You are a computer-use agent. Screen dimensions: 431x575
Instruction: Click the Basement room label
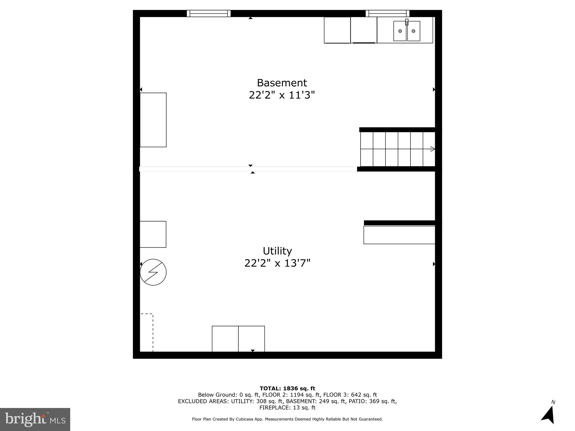point(282,83)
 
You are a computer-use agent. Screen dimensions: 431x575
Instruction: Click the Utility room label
point(277,251)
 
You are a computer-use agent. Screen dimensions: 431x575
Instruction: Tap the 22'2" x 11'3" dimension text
point(282,95)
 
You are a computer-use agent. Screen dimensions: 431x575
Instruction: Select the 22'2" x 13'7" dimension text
point(277,263)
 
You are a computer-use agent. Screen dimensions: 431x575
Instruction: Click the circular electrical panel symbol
point(153,272)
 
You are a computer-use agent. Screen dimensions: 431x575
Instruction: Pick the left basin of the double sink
point(400,31)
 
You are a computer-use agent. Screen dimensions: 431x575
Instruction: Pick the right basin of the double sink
point(414,31)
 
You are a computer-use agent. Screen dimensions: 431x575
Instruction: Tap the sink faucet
point(407,22)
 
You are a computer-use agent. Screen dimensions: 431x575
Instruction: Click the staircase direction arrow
point(433,149)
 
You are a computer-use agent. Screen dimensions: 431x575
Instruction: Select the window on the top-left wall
point(209,13)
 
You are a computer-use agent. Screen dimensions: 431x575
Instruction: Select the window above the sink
point(387,13)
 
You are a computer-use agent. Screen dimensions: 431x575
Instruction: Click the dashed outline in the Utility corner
point(147,333)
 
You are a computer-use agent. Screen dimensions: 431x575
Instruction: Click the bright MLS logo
point(35,419)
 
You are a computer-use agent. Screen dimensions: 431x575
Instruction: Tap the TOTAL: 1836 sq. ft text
point(287,389)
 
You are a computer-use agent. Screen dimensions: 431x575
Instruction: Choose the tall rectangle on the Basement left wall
point(153,120)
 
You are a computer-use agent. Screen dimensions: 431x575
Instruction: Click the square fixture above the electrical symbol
point(153,234)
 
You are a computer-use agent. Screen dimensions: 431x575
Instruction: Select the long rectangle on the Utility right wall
point(399,235)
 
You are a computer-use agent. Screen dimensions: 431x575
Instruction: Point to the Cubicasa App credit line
point(287,419)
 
